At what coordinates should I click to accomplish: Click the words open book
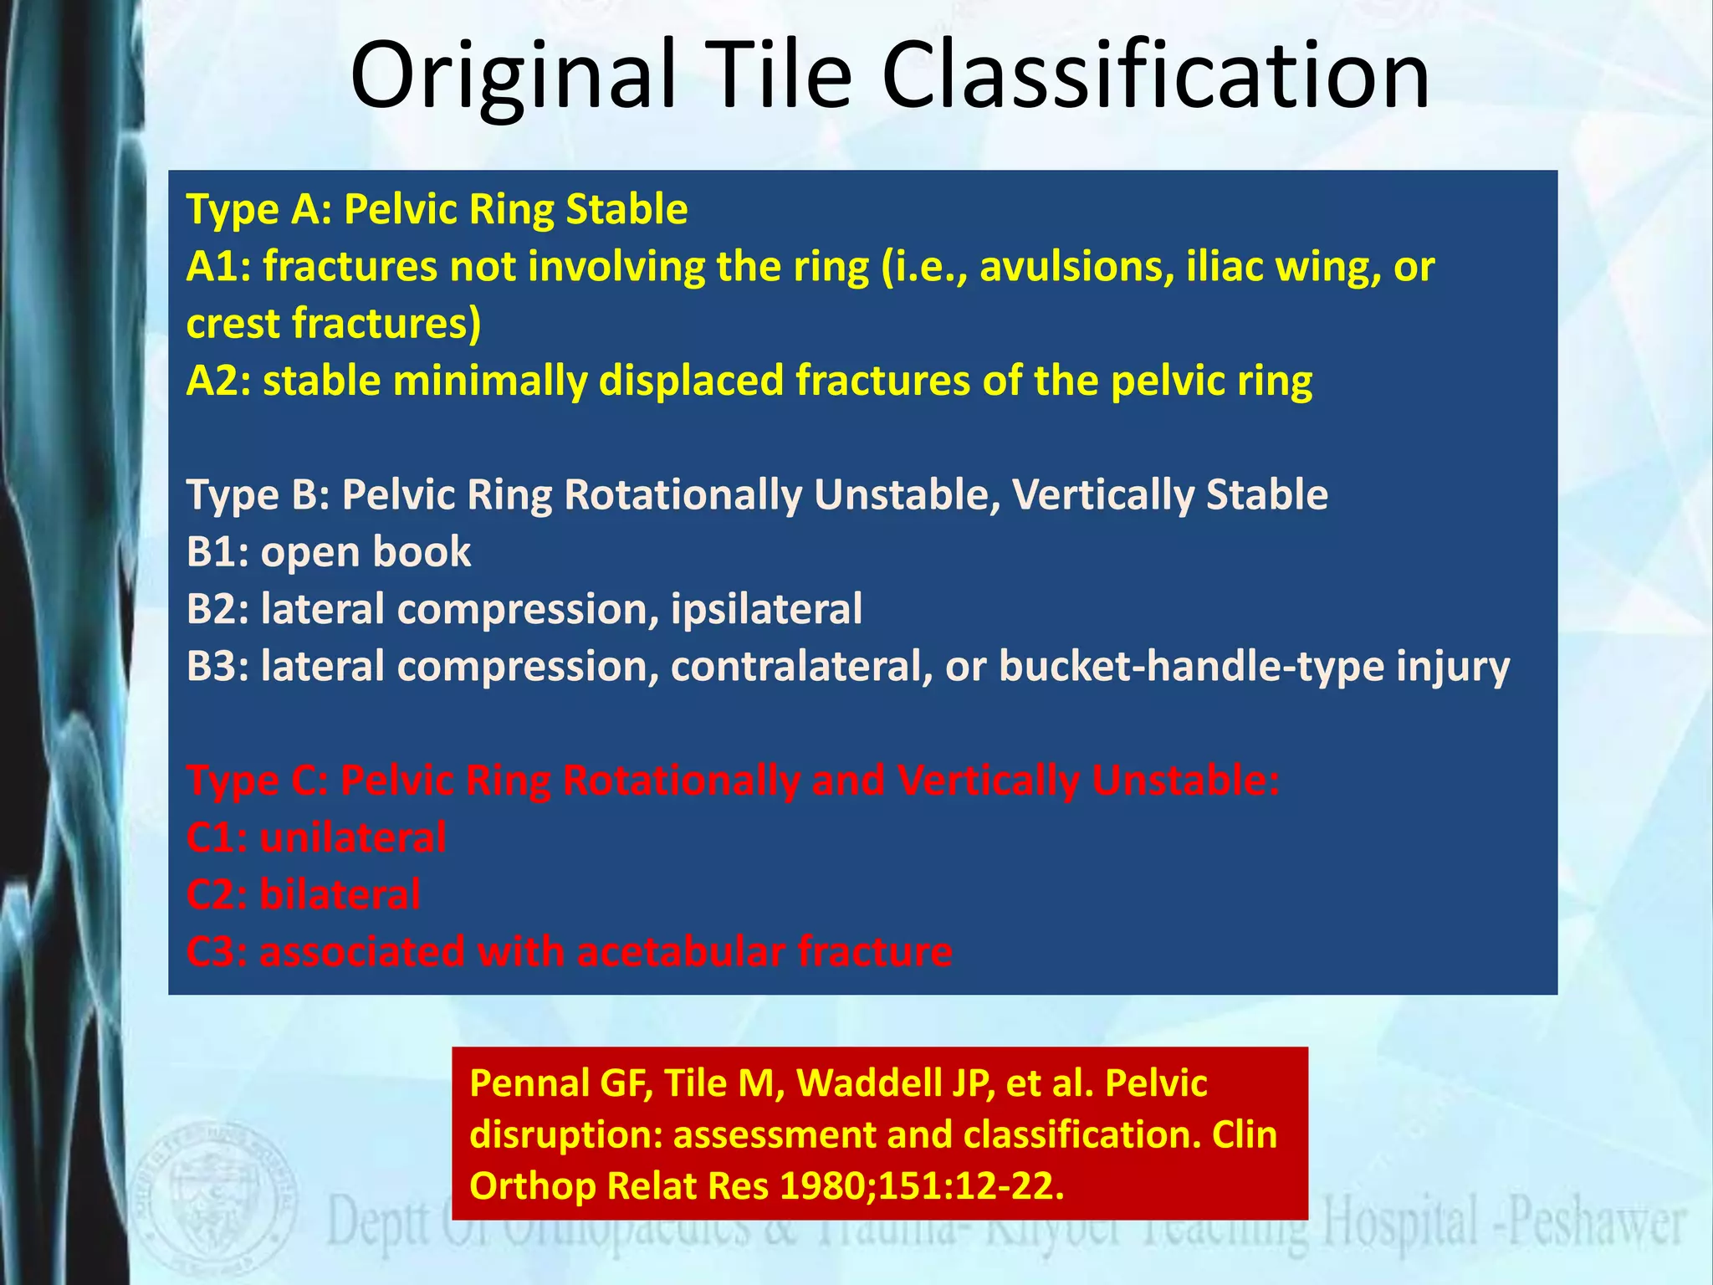point(366,552)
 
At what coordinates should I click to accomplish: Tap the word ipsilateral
point(766,609)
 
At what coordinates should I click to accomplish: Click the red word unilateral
point(352,837)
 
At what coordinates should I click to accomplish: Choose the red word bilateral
point(340,894)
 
